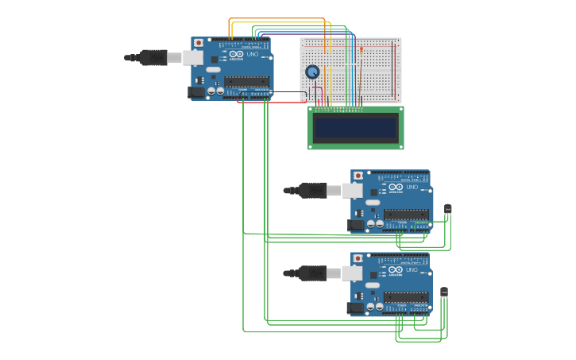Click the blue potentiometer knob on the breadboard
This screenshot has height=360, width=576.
click(x=312, y=72)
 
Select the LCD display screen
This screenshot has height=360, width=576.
click(x=356, y=128)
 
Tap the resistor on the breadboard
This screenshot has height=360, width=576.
click(x=361, y=54)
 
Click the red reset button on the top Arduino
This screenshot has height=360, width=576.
click(x=199, y=42)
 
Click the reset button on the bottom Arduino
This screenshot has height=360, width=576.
click(x=358, y=258)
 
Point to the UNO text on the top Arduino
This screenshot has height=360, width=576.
click(x=253, y=55)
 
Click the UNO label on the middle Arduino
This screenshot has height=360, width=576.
click(x=412, y=188)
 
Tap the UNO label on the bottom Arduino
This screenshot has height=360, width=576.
click(x=412, y=270)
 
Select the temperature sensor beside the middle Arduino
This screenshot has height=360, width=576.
click(x=447, y=209)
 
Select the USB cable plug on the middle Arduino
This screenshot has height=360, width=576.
click(x=312, y=190)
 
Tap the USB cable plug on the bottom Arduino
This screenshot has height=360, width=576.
click(x=312, y=273)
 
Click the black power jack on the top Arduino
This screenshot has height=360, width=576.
click(x=195, y=92)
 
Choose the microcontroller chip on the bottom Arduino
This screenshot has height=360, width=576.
click(x=406, y=296)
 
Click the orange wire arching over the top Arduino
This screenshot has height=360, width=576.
click(x=278, y=18)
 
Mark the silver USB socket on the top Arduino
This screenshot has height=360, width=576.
click(x=193, y=57)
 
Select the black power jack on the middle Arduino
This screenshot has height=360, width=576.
click(x=355, y=225)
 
